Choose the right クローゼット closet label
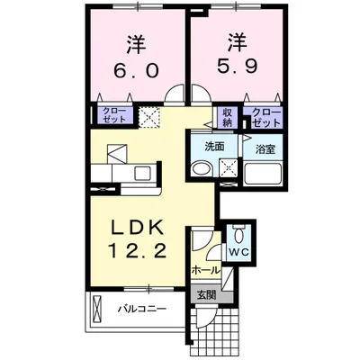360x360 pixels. tap(265, 115)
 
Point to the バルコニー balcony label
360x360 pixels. tap(140, 310)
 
